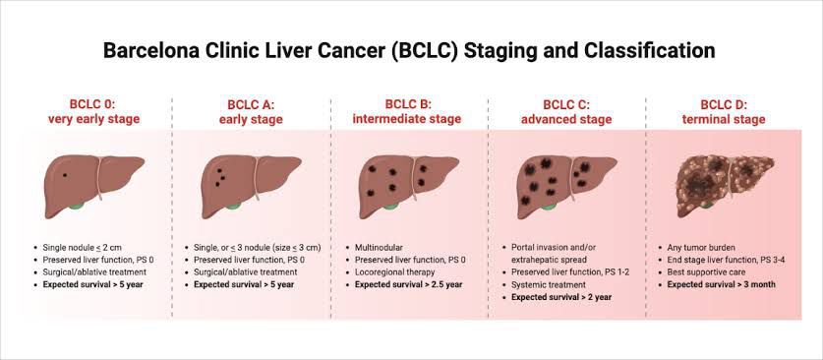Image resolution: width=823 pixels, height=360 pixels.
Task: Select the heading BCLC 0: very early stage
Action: click(x=94, y=112)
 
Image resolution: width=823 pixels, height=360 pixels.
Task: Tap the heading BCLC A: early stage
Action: click(x=251, y=112)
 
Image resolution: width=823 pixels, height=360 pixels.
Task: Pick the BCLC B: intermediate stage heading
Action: click(x=407, y=112)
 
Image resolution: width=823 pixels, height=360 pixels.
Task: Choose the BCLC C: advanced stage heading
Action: click(x=566, y=112)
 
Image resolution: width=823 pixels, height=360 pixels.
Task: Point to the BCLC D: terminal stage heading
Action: click(x=724, y=112)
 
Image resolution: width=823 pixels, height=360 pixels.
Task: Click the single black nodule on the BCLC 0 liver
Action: click(x=65, y=175)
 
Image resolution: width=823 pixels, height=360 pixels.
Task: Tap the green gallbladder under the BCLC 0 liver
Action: click(x=77, y=206)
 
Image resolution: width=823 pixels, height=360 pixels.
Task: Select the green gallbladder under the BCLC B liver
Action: click(x=391, y=206)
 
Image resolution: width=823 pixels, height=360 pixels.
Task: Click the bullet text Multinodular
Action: click(x=378, y=247)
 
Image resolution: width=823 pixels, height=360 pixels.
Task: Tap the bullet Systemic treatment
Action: click(x=548, y=285)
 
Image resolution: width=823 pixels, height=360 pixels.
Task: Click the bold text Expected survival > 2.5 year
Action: click(x=408, y=285)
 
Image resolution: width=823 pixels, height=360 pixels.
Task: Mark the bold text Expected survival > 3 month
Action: click(x=721, y=285)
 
